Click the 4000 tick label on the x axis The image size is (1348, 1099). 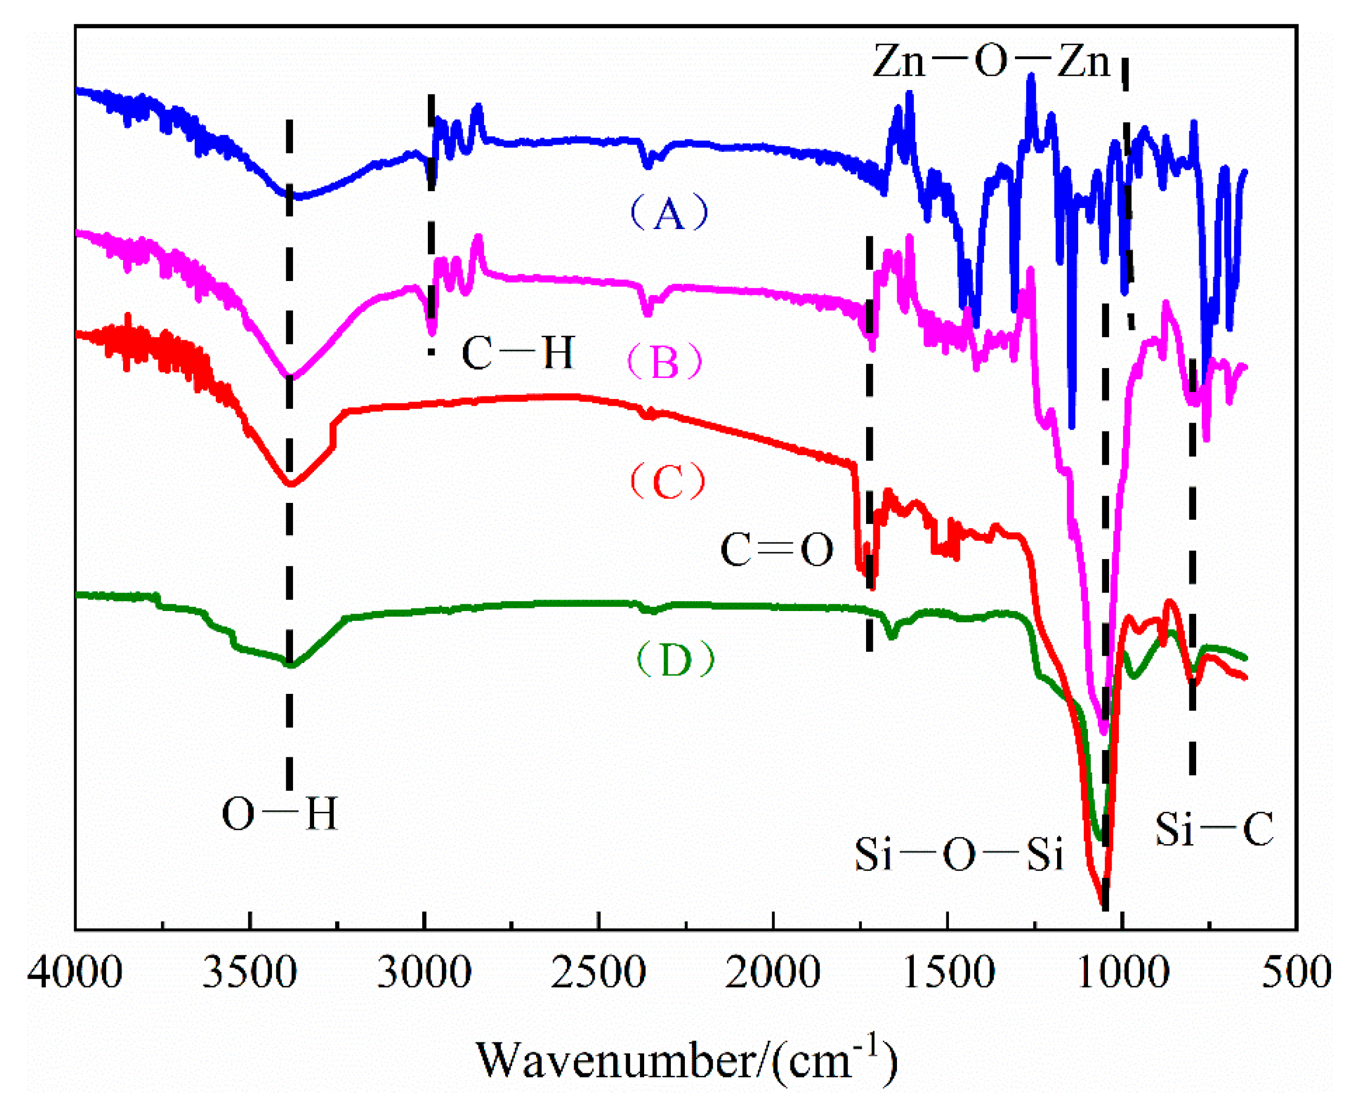pyautogui.click(x=75, y=973)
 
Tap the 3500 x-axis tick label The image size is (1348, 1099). pyautogui.click(x=249, y=973)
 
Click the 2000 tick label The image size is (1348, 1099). pyautogui.click(x=772, y=973)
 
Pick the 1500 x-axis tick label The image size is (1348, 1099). pyautogui.click(x=947, y=973)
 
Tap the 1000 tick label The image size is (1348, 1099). pyautogui.click(x=1121, y=973)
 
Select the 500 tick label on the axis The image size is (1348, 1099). pyautogui.click(x=1296, y=973)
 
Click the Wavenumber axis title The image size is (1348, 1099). pyautogui.click(x=686, y=1058)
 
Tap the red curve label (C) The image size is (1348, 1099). pyautogui.click(x=667, y=482)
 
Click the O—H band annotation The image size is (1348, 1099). pyautogui.click(x=279, y=813)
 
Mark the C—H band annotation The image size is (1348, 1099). pyautogui.click(x=517, y=352)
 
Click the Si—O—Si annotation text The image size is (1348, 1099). pyautogui.click(x=958, y=854)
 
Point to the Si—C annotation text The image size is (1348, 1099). pyautogui.click(x=1214, y=829)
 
